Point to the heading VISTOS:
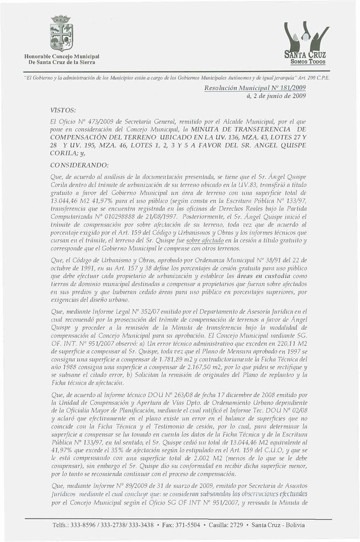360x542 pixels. [63, 109]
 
